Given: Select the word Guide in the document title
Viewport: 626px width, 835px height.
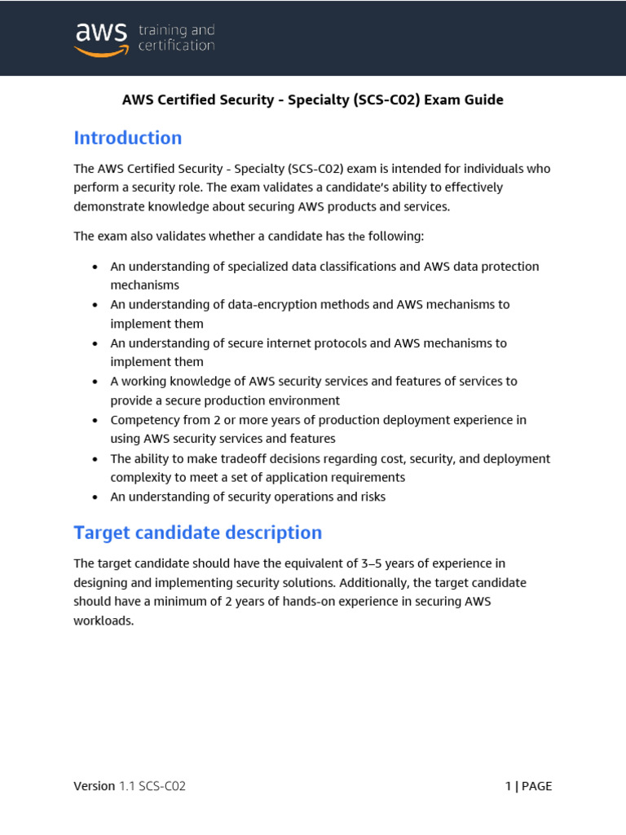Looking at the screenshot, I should [486, 100].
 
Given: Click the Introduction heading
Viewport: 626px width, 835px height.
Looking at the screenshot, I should [128, 138].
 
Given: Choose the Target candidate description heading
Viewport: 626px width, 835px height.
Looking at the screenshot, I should [197, 532].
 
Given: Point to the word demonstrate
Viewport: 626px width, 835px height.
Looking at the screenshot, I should [107, 207].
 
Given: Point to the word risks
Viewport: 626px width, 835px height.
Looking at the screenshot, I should [368, 497].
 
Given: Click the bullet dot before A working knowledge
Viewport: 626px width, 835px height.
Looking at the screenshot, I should [95, 382].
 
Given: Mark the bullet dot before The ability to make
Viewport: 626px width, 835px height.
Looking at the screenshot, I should [95, 459].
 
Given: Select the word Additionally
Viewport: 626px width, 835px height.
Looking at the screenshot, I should [373, 583].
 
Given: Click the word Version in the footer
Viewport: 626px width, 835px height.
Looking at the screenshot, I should [95, 786].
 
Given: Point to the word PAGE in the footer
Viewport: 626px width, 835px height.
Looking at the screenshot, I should [536, 786].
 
